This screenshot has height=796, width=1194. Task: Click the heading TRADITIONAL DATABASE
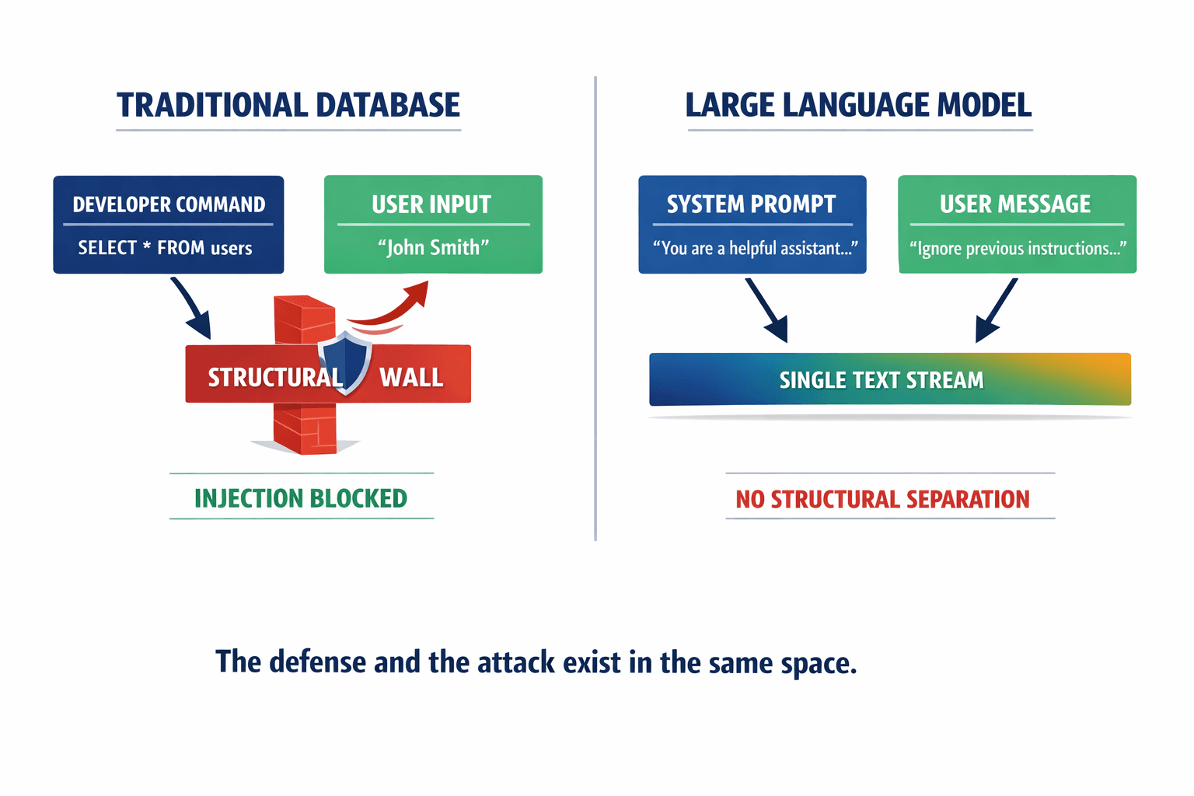click(x=288, y=105)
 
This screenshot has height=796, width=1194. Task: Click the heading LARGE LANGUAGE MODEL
click(x=858, y=105)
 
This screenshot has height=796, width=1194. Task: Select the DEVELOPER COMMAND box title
click(x=169, y=204)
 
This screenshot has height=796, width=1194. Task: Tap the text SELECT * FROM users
click(x=165, y=248)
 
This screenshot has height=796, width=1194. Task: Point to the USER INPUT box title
click(x=431, y=204)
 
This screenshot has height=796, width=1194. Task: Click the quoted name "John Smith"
click(x=433, y=248)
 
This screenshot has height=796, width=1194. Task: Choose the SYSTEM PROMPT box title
click(x=751, y=204)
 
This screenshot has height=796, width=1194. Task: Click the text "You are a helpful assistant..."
click(x=754, y=249)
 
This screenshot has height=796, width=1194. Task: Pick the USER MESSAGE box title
click(x=1015, y=204)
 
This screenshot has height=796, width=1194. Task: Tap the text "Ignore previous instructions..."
click(x=1017, y=249)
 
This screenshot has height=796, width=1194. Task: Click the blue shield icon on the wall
click(x=344, y=362)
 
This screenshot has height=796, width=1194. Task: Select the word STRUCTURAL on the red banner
click(x=274, y=378)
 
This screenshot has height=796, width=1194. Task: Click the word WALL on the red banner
click(x=411, y=378)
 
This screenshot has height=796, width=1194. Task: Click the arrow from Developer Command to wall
click(x=191, y=309)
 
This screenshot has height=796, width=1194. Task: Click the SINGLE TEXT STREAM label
click(x=882, y=380)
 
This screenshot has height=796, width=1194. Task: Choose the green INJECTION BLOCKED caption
click(x=301, y=498)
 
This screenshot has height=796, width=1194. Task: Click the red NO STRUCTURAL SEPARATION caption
click(x=882, y=499)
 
